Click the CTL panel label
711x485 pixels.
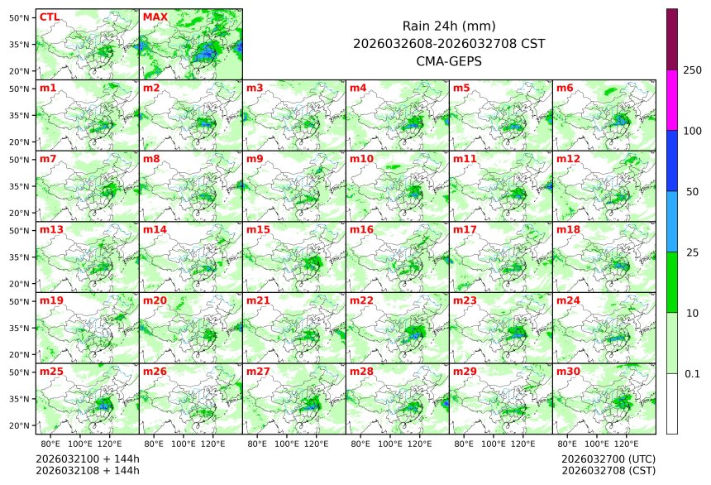[49, 17]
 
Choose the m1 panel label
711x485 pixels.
[47, 88]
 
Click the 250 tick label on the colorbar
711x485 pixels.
[693, 70]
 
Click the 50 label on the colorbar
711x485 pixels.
[693, 192]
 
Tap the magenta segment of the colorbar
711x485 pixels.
[672, 99]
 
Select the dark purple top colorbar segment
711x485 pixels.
[672, 39]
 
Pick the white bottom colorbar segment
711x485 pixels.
[672, 403]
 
